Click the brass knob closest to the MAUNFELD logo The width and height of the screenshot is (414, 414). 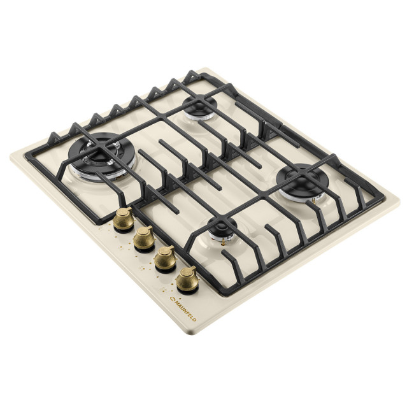[x=187, y=280]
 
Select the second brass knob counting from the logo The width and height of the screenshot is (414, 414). [x=166, y=259]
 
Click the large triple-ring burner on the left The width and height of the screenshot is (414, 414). [x=102, y=156]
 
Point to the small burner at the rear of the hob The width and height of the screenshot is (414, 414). [x=200, y=108]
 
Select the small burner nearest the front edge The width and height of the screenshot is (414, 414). [x=222, y=229]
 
